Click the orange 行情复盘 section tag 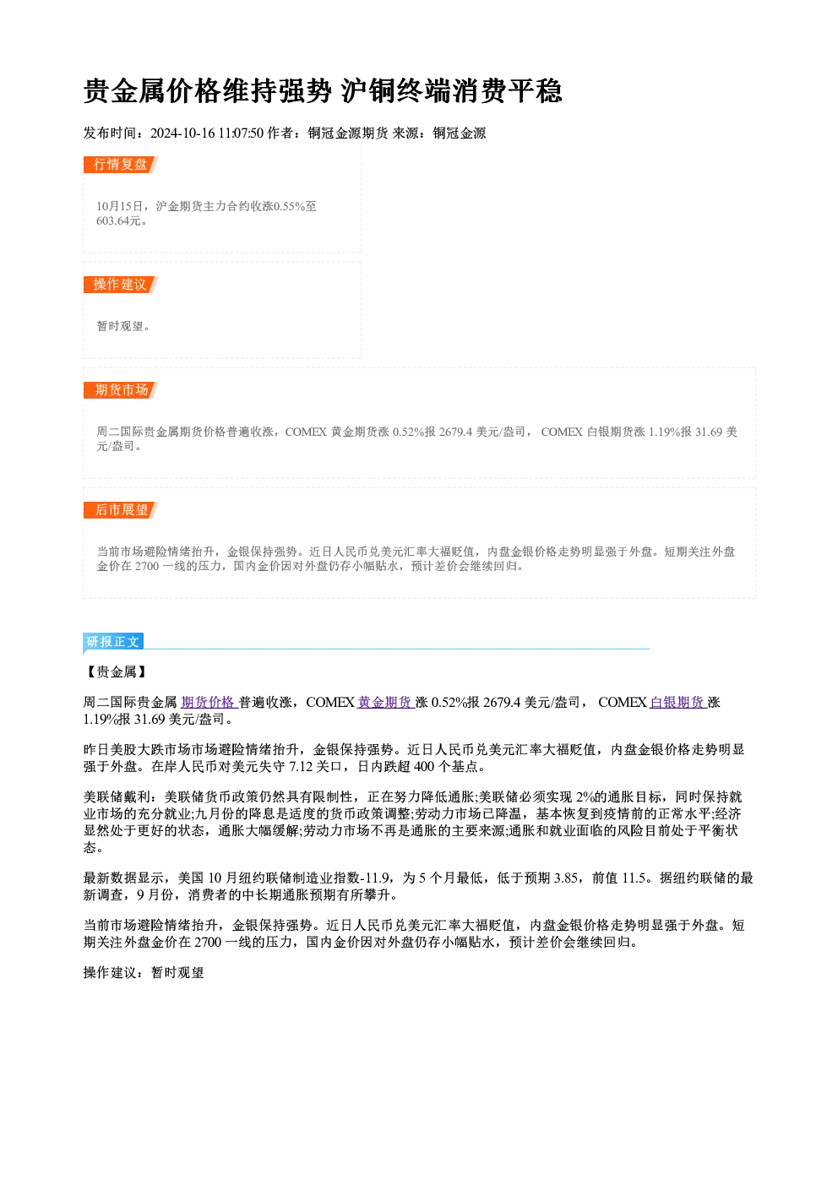coord(121,165)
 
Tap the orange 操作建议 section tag coord(121,285)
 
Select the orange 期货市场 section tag coord(121,390)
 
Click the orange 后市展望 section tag coord(121,510)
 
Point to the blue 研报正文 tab coord(113,642)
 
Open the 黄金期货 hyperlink coord(385,703)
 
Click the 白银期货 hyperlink coord(677,703)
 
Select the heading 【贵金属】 coord(117,671)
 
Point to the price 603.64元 coord(118,220)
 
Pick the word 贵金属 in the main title coord(125,91)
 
